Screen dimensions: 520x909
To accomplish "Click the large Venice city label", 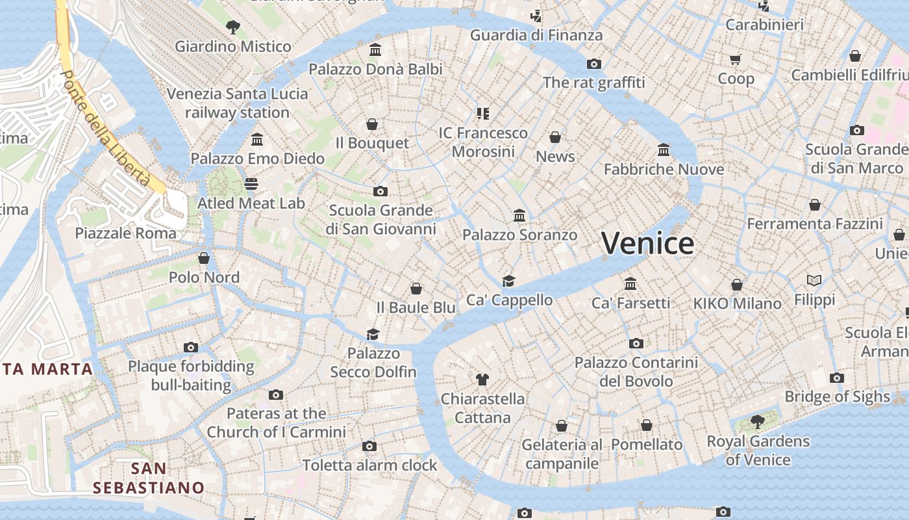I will pyautogui.click(x=647, y=244).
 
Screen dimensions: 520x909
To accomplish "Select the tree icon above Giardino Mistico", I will pyautogui.click(x=232, y=27).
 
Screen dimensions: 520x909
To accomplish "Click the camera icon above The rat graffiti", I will pyautogui.click(x=593, y=64).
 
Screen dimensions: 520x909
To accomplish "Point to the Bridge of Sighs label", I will pyautogui.click(x=837, y=396).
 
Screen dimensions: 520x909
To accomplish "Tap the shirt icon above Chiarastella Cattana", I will pyautogui.click(x=482, y=379).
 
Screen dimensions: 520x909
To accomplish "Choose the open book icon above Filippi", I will pyautogui.click(x=814, y=281).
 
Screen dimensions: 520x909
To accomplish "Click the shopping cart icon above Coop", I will pyautogui.click(x=736, y=60).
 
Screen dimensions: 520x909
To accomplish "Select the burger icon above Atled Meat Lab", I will pyautogui.click(x=251, y=184).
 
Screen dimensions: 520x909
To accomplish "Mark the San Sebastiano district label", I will pyautogui.click(x=148, y=478).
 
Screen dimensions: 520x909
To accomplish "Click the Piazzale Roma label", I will pyautogui.click(x=125, y=233).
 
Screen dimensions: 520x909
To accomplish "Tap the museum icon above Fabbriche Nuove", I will pyautogui.click(x=664, y=150).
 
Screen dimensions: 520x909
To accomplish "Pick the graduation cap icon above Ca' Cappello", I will pyautogui.click(x=509, y=281).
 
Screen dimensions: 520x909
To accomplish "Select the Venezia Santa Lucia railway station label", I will pyautogui.click(x=237, y=103).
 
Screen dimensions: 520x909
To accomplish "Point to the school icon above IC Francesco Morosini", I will pyautogui.click(x=482, y=114).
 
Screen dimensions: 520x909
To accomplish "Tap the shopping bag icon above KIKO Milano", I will pyautogui.click(x=737, y=285).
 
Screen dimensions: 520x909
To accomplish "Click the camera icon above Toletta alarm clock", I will pyautogui.click(x=369, y=446).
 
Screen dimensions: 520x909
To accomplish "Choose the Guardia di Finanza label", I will pyautogui.click(x=536, y=35).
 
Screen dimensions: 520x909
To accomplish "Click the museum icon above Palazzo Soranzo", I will pyautogui.click(x=519, y=215).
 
